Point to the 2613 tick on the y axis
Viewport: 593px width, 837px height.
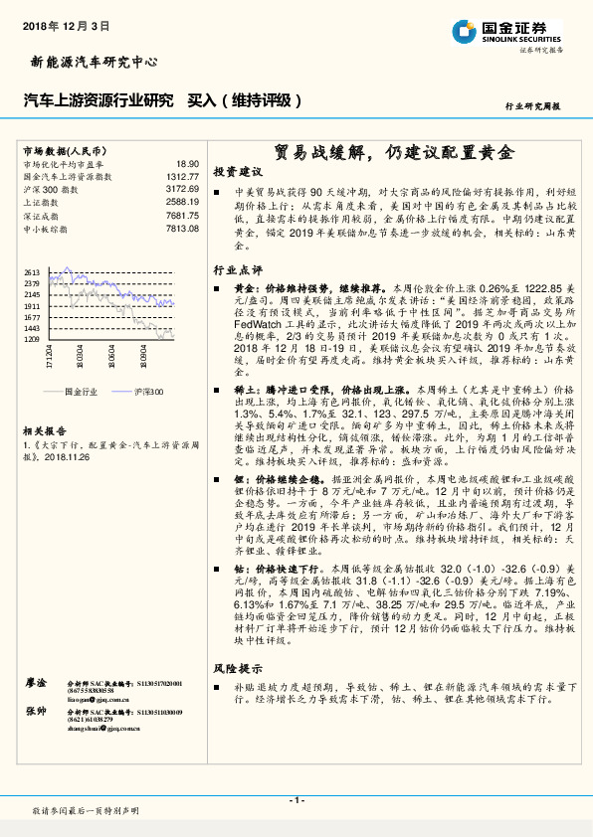point(32,271)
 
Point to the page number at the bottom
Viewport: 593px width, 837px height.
point(296,800)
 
